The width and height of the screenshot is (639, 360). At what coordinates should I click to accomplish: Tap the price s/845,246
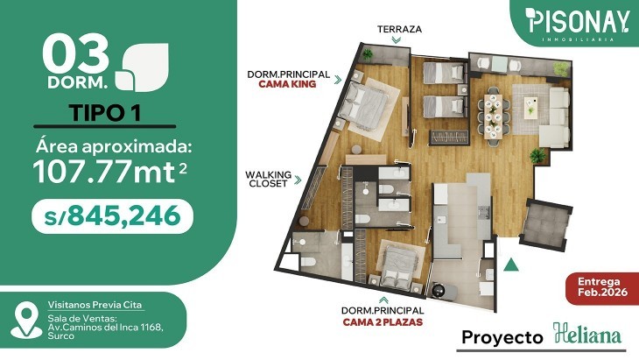(x=112, y=216)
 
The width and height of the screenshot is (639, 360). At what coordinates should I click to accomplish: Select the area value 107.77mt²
(x=110, y=172)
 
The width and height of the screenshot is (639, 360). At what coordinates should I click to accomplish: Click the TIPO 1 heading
(x=105, y=112)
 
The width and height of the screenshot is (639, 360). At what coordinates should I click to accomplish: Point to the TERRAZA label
(x=399, y=30)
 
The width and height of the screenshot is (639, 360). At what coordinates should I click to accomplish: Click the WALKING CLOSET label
(x=268, y=179)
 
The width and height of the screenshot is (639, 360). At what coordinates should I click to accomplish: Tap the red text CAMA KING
(x=287, y=84)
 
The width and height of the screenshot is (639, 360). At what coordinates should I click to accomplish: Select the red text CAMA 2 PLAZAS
(x=383, y=322)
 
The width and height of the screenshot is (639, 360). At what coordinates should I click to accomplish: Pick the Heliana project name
(x=587, y=335)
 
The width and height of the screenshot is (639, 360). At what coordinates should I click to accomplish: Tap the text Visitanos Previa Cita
(x=95, y=305)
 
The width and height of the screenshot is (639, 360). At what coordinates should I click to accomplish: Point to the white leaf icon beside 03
(x=142, y=67)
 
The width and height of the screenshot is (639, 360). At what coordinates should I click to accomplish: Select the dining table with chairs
(x=494, y=114)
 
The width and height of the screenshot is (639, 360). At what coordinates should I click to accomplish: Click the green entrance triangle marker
(x=511, y=265)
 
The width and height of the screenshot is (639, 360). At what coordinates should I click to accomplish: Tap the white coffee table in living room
(x=530, y=108)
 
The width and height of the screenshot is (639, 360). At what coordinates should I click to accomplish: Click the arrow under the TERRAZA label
(x=397, y=40)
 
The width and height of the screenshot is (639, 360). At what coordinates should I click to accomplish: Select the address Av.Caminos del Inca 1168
(x=106, y=327)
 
